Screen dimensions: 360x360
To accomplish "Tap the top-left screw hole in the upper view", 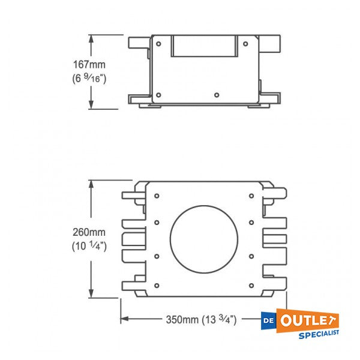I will coord(158,43).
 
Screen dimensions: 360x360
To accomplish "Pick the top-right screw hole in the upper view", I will coord(245,43).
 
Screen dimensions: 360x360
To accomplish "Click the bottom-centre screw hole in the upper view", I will coord(216,94).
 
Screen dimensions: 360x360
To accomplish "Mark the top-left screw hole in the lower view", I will coord(156,195).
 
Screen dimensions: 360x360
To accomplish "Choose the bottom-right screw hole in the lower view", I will coord(250,283).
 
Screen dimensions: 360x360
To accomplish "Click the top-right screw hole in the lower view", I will coord(250,195).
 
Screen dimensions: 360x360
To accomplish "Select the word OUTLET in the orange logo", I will coord(309,319).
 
